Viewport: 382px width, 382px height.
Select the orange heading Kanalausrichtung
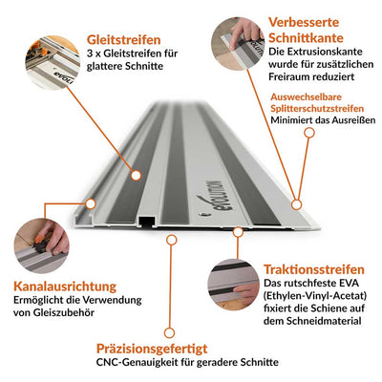pos(64,287)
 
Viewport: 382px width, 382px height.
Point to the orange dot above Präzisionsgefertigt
pos(171,239)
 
